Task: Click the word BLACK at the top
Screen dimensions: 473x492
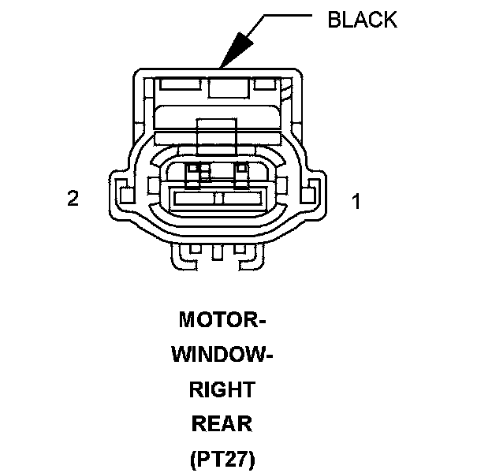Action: (x=362, y=20)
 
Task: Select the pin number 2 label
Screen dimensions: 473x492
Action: (x=73, y=198)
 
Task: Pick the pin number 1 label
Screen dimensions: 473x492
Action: (x=356, y=202)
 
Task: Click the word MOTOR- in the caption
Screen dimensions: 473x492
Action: (x=222, y=320)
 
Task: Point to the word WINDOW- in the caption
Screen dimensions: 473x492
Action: (x=222, y=355)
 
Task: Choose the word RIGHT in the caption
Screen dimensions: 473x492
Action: (x=222, y=389)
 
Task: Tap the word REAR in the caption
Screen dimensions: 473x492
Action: (x=222, y=424)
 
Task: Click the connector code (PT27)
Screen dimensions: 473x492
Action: (x=222, y=459)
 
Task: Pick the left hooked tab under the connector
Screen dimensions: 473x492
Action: (x=188, y=253)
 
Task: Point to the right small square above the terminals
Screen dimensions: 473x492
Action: (x=241, y=169)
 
